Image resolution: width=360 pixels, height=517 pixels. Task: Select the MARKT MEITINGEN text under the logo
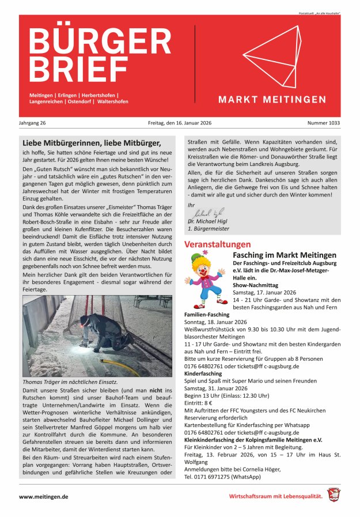(x=272, y=100)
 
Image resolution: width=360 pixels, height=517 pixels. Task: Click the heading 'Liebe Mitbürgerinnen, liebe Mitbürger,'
(x=91, y=142)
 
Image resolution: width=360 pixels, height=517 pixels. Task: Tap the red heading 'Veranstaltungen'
(x=217, y=244)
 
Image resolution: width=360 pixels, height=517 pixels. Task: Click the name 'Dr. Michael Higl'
(x=208, y=221)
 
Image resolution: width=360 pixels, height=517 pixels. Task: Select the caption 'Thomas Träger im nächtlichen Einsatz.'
(x=70, y=382)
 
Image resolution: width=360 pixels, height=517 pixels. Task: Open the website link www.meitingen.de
(x=44, y=496)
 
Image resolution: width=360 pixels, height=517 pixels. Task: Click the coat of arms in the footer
(x=334, y=495)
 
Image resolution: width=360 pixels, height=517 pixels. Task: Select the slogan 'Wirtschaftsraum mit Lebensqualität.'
(x=276, y=496)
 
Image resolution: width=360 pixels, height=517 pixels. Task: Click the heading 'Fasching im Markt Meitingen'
(x=285, y=255)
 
